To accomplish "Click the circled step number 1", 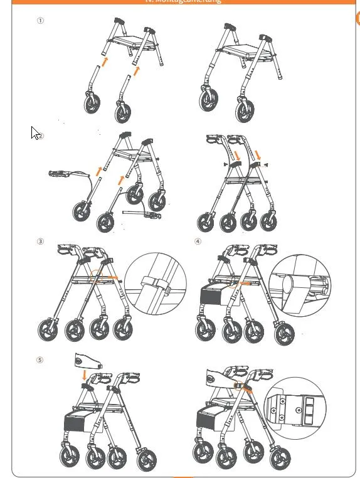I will coord(41,21).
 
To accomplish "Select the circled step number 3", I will coord(41,242).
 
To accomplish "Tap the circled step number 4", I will coord(198,242).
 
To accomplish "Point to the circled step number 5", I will coord(41,360).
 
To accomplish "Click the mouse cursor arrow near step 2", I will coord(35,133).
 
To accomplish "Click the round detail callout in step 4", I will coord(300,284).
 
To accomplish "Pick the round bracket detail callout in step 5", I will coord(295,408).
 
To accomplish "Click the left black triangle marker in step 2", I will coord(223,164).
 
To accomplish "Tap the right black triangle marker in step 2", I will coord(267,164).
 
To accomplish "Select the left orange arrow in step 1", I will coord(105,61).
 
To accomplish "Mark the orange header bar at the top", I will coord(182,2).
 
